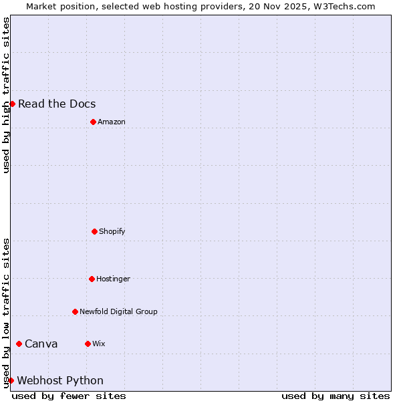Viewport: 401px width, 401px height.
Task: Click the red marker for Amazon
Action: (93, 122)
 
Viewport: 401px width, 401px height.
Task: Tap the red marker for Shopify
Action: (94, 231)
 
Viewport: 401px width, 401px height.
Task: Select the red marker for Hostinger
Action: (92, 279)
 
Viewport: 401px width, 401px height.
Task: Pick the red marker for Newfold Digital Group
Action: (75, 311)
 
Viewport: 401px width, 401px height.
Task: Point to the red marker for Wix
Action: (88, 344)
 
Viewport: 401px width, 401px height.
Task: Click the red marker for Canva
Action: (19, 344)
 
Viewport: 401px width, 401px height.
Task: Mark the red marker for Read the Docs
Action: (12, 104)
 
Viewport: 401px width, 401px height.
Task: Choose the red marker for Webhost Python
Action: (11, 380)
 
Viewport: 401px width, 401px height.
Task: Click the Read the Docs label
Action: (57, 104)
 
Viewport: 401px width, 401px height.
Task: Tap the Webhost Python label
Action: (60, 380)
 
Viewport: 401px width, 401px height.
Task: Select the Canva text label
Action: (41, 344)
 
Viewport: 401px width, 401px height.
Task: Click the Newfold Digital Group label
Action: (118, 311)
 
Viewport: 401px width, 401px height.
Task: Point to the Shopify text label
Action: (112, 231)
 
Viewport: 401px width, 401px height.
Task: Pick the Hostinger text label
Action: (113, 279)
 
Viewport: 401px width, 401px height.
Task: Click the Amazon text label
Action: (111, 122)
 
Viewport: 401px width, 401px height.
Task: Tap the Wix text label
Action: (98, 344)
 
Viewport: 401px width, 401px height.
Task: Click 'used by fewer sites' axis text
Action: (69, 396)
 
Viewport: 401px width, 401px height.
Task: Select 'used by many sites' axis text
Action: (336, 396)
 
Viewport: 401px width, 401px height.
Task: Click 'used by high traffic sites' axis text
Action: (6, 95)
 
